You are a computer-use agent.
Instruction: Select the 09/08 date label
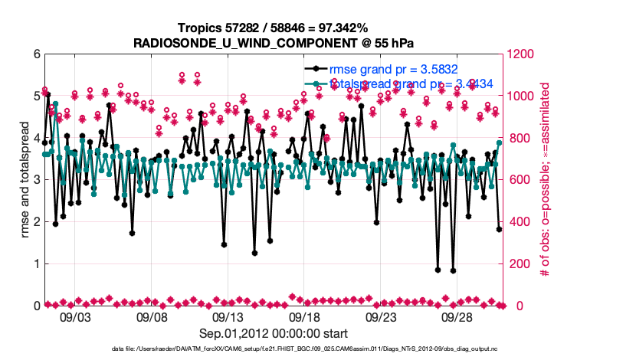152,316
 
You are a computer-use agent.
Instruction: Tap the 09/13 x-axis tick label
228,316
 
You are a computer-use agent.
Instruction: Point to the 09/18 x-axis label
304,316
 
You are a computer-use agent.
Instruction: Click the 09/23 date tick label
381,316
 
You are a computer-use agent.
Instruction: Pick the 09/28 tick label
457,316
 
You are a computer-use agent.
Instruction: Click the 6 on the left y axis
36,54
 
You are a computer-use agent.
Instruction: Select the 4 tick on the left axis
36,138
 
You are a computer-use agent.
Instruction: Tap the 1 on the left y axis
36,263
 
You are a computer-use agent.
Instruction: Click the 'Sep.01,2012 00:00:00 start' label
274,333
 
